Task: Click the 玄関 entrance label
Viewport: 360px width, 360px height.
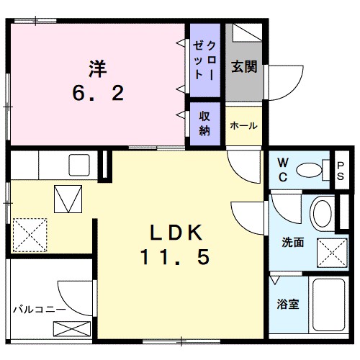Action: tap(243, 68)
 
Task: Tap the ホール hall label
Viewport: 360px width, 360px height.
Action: tap(243, 125)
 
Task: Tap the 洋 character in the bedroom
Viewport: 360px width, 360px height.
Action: tap(98, 69)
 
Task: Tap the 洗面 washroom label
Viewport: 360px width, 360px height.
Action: tap(292, 243)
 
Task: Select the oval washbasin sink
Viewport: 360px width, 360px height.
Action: tap(324, 214)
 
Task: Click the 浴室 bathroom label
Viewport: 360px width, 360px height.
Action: tap(289, 304)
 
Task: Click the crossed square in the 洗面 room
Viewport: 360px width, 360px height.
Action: tap(333, 253)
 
